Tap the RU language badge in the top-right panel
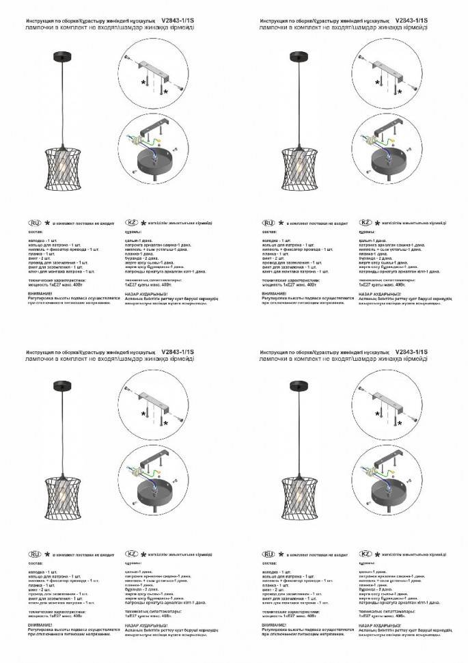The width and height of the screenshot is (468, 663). pos(269,224)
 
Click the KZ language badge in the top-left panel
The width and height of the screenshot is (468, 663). pos(132,224)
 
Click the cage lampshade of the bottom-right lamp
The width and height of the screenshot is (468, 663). pos(299,493)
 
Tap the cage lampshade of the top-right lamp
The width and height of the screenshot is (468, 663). pos(299,164)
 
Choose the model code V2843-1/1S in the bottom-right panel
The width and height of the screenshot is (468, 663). pos(411,351)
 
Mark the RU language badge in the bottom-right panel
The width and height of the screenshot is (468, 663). pos(269,553)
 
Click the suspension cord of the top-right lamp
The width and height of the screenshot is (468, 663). pos(299,103)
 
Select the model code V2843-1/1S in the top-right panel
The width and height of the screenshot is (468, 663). pos(411,21)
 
